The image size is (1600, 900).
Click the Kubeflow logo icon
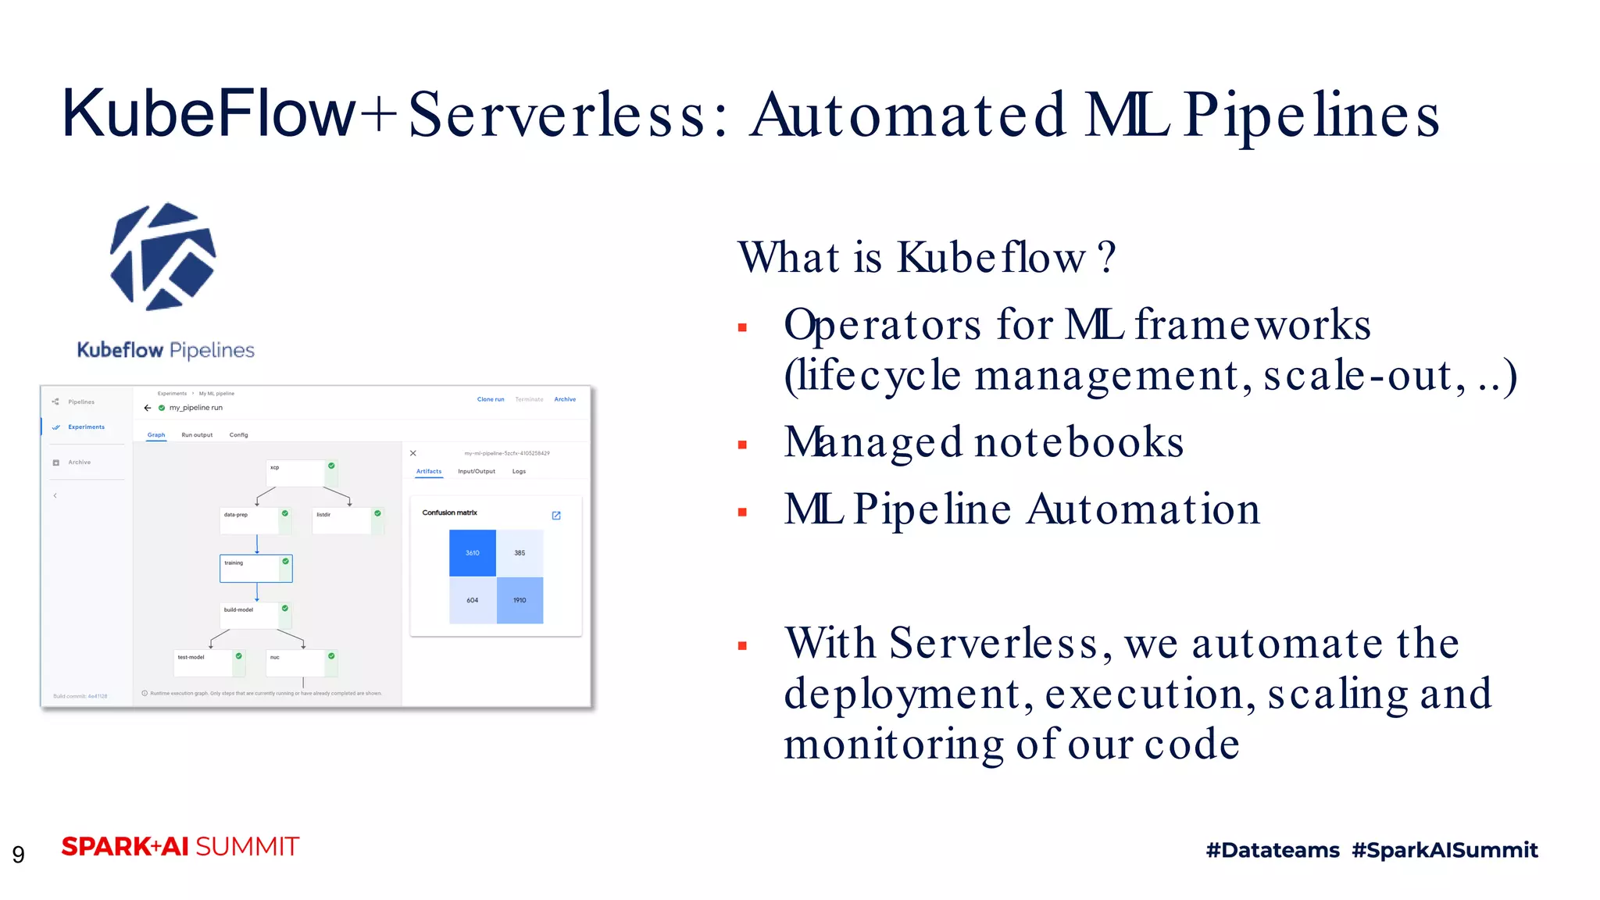(163, 256)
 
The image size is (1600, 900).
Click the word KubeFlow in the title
(208, 114)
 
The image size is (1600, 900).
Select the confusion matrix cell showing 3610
(472, 553)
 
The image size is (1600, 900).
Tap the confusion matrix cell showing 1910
(520, 600)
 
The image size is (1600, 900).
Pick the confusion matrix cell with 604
(472, 600)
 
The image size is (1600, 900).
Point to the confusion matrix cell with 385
(520, 553)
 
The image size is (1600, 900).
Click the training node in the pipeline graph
(255, 568)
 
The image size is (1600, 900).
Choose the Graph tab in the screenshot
(156, 435)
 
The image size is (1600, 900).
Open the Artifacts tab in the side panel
(428, 472)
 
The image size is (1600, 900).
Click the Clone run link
(491, 399)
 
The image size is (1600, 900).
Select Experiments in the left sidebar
(86, 427)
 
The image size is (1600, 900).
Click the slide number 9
(18, 854)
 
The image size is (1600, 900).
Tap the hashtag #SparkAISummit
(1445, 850)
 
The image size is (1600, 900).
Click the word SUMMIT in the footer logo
(247, 847)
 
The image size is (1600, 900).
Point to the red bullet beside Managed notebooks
(742, 445)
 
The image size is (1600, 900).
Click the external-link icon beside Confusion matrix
(556, 516)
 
